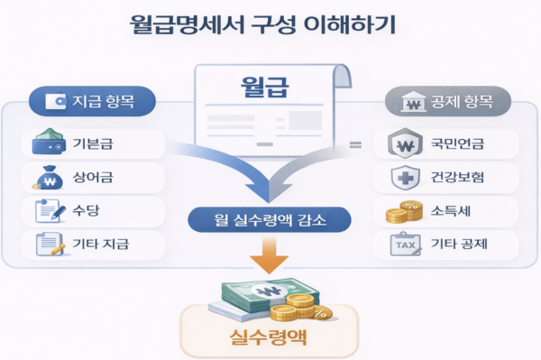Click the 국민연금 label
(x=458, y=144)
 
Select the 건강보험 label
(x=458, y=178)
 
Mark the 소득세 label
(x=452, y=211)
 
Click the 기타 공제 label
(x=458, y=244)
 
